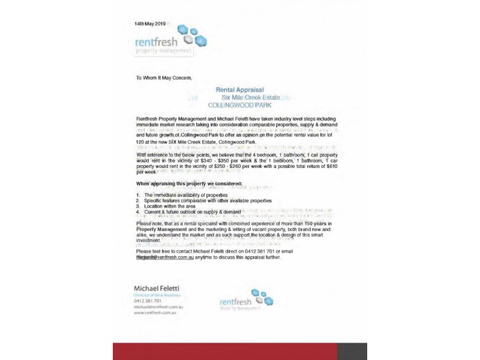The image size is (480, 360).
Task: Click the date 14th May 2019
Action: pos(150,23)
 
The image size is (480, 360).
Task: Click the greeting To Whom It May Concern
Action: pos(163,77)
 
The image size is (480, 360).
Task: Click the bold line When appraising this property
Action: pos(189,182)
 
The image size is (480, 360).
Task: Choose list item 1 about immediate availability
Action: pos(186,195)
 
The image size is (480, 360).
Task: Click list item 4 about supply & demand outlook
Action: pos(192,211)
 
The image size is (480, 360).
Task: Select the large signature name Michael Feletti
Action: pos(157,289)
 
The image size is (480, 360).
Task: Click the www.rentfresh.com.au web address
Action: pos(158,313)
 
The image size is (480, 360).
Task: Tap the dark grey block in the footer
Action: pos(352,351)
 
